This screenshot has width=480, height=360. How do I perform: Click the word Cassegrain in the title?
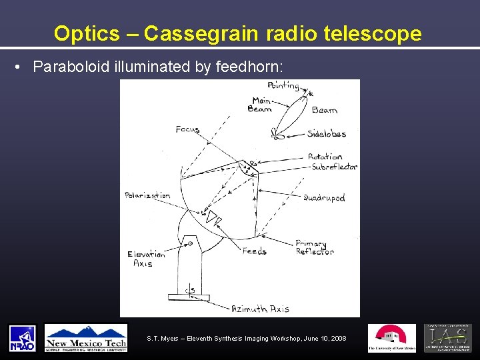pos(200,33)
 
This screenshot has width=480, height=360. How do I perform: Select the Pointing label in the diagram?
pos(283,85)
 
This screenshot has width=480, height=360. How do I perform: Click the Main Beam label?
pos(260,105)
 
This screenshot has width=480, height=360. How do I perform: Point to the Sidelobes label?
pos(327,134)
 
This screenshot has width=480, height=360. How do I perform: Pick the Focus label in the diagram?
pos(187,129)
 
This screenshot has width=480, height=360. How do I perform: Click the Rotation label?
pos(325,157)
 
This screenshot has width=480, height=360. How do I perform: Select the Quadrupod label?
pos(324,198)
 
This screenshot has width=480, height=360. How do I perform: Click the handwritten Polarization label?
pos(147,195)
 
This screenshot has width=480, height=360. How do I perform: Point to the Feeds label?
pos(254,251)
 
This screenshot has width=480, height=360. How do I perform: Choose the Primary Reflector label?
pos(315,247)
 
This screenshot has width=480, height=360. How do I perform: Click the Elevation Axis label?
pos(146,259)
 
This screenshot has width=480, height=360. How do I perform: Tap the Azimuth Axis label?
pos(260,309)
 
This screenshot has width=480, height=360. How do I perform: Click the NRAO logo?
pos(22,338)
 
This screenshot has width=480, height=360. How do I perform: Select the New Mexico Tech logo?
pos(85,338)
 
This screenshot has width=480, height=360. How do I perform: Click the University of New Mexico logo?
pos(391,338)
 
